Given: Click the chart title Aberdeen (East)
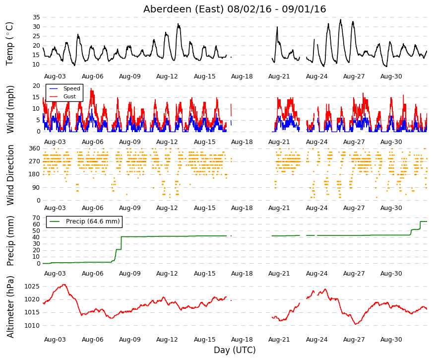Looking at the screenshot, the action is pyautogui.click(x=184, y=9).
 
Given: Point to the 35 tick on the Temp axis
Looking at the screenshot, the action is pyautogui.click(x=36, y=17).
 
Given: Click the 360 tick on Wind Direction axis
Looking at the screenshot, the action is pyautogui.click(x=35, y=148).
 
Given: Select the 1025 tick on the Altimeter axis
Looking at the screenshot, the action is pyautogui.click(x=32, y=287).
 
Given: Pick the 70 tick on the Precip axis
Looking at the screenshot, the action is pyautogui.click(x=36, y=217).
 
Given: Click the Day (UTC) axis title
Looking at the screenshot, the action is pyautogui.click(x=235, y=350).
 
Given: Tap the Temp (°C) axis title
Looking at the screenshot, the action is pyautogui.click(x=9, y=44).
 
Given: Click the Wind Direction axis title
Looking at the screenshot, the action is pyautogui.click(x=10, y=175).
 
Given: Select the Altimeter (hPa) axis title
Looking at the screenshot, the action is pyautogui.click(x=10, y=307).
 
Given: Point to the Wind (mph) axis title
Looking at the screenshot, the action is pyautogui.click(x=10, y=109).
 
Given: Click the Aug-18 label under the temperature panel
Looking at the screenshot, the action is pyautogui.click(x=242, y=76).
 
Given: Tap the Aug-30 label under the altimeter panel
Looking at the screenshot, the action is pyautogui.click(x=391, y=340).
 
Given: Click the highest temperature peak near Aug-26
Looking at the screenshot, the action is pyautogui.click(x=341, y=19).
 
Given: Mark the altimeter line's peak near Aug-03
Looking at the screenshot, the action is pyautogui.click(x=64, y=285).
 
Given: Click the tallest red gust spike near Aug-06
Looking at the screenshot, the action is pyautogui.click(x=91, y=88).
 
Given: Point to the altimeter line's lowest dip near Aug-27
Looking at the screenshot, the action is pyautogui.click(x=356, y=324).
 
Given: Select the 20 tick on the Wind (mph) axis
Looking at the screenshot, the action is pyautogui.click(x=36, y=86).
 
